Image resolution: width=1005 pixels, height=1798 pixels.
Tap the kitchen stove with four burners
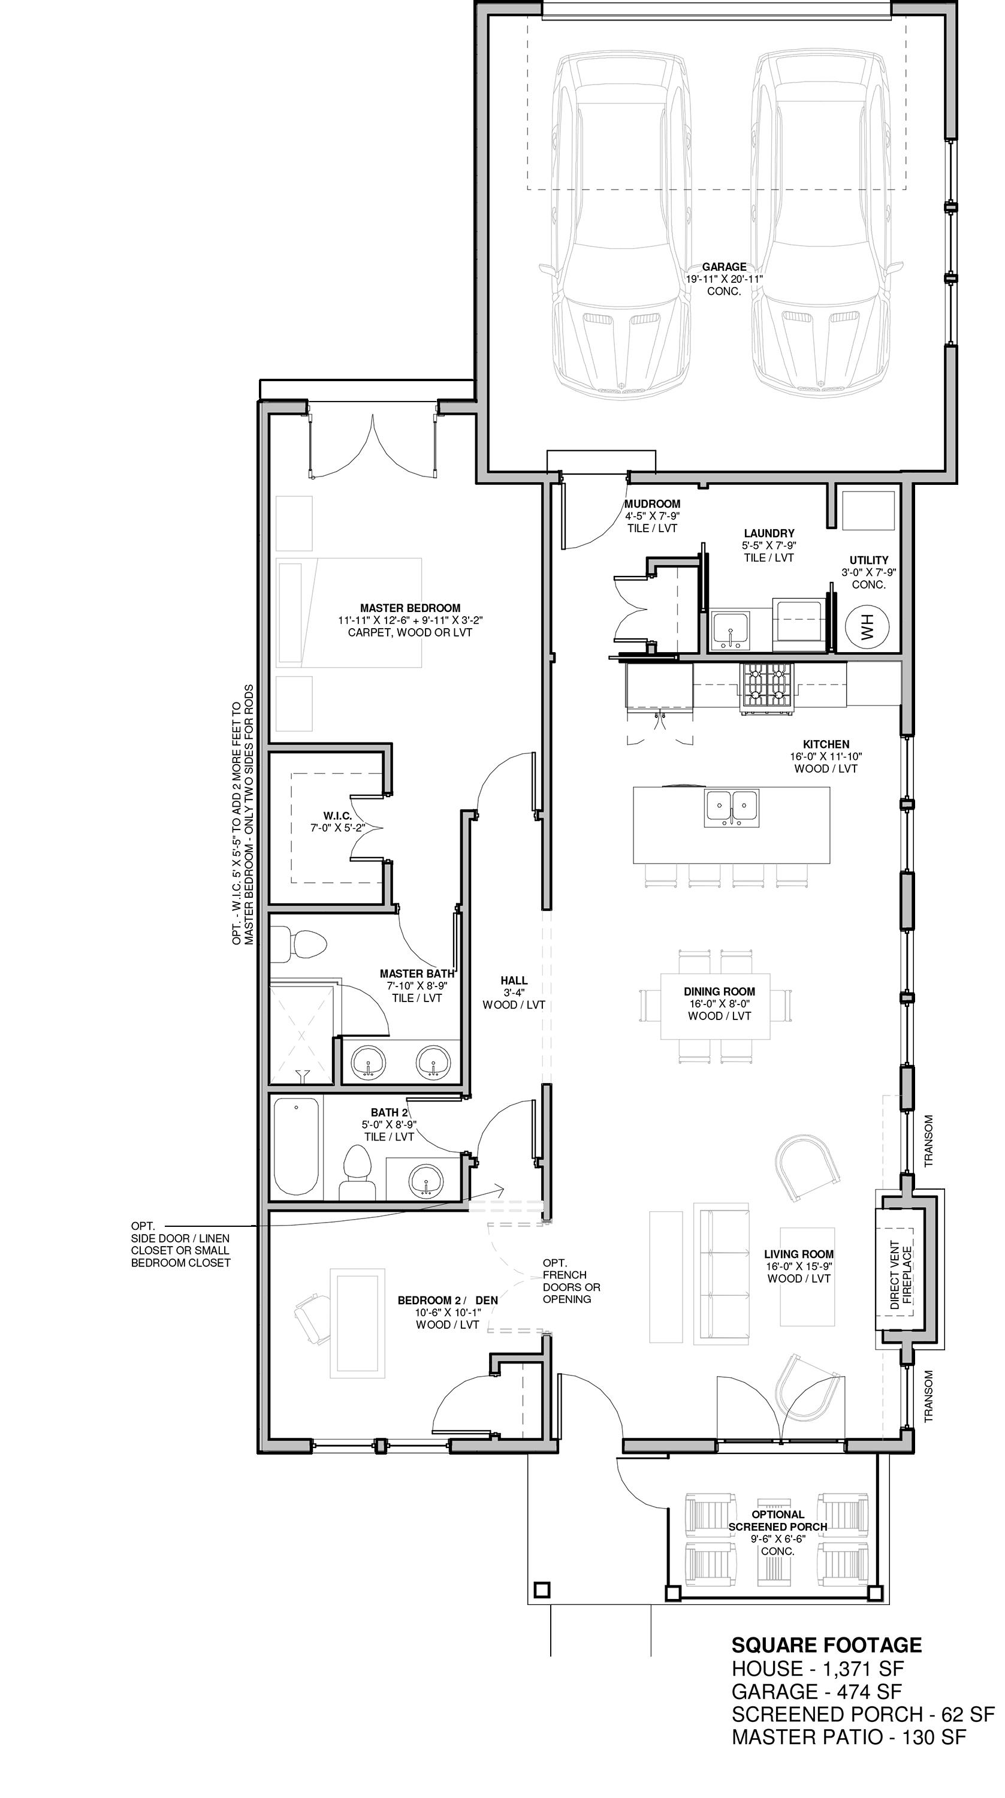(x=767, y=688)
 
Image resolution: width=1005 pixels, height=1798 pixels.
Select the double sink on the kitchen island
(x=731, y=807)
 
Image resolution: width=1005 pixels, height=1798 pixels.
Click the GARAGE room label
(x=724, y=267)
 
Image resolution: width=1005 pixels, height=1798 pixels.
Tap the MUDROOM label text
(x=652, y=504)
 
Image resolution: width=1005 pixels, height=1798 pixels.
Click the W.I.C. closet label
(x=337, y=816)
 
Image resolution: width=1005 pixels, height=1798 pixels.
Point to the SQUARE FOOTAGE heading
(x=826, y=1646)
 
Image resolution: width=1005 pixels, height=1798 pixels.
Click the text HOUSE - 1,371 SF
(x=817, y=1670)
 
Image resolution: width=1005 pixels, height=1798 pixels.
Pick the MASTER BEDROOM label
(x=411, y=608)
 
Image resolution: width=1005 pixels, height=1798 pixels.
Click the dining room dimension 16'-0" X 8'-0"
(x=719, y=1004)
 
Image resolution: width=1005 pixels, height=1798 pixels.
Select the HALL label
(x=514, y=981)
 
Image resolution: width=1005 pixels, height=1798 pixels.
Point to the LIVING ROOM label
(x=799, y=1254)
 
